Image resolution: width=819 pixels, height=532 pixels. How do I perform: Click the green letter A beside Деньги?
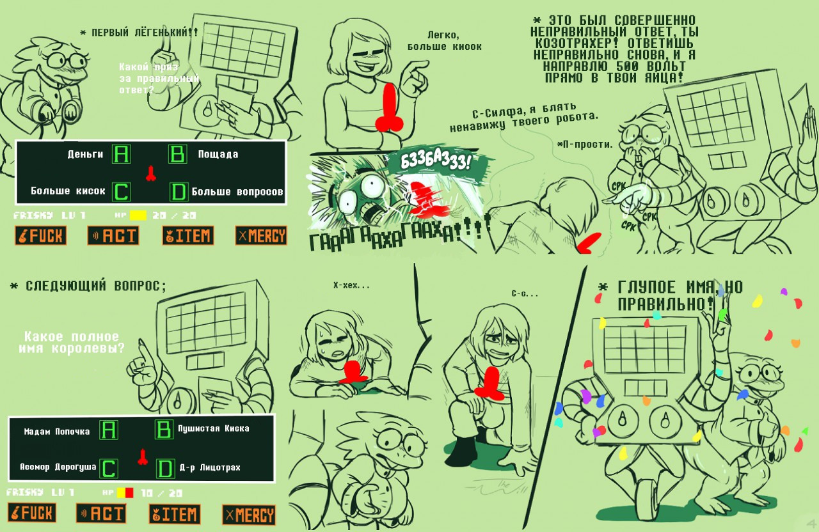coord(121,154)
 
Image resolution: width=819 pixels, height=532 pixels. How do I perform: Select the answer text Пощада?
coord(218,155)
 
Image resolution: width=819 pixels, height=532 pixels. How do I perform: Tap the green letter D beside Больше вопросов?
coord(179,192)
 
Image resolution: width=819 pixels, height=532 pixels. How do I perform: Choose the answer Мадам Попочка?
coord(57,432)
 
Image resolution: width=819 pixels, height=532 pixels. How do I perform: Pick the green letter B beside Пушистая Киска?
coord(164,429)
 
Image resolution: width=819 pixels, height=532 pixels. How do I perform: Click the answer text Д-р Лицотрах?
coord(210,467)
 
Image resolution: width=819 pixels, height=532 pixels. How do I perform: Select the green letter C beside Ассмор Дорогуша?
coord(109,469)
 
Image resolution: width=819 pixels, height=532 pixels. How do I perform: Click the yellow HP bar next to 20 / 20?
coord(138,215)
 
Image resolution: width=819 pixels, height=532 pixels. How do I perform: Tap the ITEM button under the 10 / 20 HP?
coord(175,514)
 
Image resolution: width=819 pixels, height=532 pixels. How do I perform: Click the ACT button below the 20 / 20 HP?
coord(113,236)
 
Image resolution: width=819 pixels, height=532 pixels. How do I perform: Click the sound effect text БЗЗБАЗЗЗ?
coord(435,161)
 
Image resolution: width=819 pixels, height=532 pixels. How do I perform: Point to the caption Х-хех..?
coord(351,285)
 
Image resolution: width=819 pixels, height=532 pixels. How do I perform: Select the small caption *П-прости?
coord(585,145)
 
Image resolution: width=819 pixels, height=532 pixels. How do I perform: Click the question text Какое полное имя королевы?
coord(72,342)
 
